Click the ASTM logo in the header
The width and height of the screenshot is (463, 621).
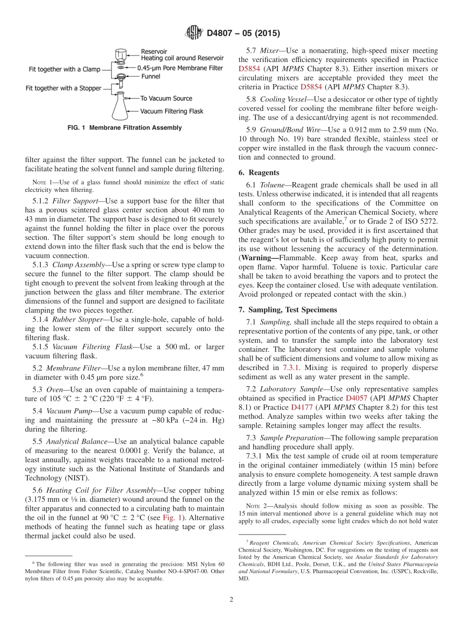coord(194,33)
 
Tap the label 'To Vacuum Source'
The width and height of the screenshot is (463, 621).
coord(166,99)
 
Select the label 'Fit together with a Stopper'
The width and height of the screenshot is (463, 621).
coord(63,88)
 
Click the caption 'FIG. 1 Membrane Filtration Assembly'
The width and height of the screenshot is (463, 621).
coord(124,128)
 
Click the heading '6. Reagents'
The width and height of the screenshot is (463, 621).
coord(258,173)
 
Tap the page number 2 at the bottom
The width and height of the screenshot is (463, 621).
coord(231,600)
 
